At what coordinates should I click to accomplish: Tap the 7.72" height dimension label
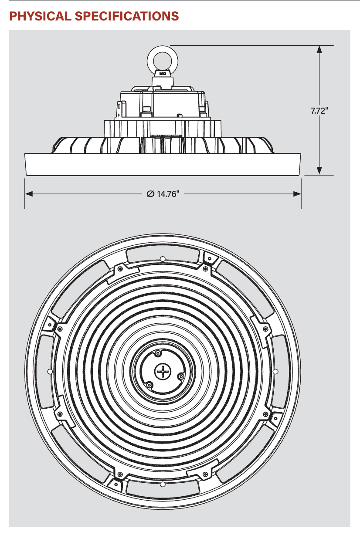(x=319, y=111)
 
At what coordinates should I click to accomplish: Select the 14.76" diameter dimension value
(x=169, y=194)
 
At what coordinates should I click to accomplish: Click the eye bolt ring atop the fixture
(x=161, y=59)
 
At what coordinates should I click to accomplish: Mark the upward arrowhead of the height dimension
(x=319, y=49)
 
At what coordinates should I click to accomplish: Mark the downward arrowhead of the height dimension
(x=319, y=171)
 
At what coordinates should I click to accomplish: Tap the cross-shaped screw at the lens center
(x=162, y=371)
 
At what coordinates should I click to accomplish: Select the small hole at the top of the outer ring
(x=162, y=259)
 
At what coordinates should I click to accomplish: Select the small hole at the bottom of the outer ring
(x=162, y=484)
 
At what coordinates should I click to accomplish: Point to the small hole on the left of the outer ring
(x=49, y=371)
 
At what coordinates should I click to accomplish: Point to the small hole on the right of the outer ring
(x=275, y=371)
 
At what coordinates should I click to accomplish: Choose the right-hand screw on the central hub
(x=180, y=375)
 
